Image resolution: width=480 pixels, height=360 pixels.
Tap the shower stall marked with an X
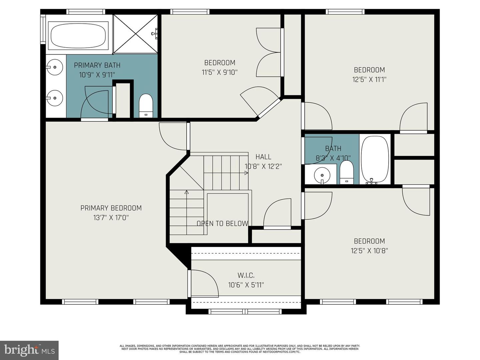[135, 34]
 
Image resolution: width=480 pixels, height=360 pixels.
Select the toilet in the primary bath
[145, 106]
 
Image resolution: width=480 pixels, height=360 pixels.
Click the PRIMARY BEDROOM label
[111, 208]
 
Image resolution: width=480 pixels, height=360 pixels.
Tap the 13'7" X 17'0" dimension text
[111, 218]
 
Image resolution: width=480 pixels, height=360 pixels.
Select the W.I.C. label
[246, 275]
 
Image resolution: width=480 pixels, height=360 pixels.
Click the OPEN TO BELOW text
[222, 224]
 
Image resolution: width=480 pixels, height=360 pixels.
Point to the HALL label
[263, 157]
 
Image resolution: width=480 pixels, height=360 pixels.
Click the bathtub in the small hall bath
[375, 159]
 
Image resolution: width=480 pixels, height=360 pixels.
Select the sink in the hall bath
[322, 175]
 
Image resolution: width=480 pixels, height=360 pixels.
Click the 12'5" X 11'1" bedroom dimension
[369, 79]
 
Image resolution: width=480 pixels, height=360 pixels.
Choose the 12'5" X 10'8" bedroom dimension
[369, 251]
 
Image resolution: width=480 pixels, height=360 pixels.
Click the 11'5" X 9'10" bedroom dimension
[220, 72]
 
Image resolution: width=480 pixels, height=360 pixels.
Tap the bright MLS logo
[29, 350]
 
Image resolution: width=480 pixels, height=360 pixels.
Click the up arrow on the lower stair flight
[187, 192]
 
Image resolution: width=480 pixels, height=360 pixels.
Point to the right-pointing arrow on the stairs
[246, 173]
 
